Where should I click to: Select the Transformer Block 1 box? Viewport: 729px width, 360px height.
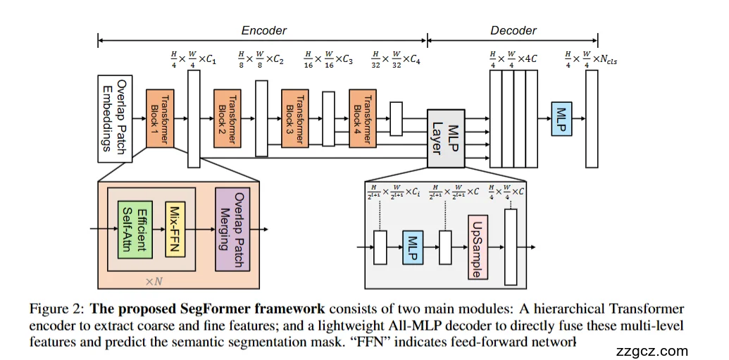tap(160, 118)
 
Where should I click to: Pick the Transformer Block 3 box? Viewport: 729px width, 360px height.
tap(295, 118)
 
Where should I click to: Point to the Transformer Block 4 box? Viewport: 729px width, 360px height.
tap(362, 118)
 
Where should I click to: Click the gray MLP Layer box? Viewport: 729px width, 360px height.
tap(446, 138)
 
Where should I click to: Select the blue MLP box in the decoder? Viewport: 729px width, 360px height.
tap(561, 118)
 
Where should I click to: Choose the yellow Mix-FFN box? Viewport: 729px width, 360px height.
tap(175, 228)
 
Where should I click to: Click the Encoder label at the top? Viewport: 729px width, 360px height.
tap(263, 30)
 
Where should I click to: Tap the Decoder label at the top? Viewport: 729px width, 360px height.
tap(513, 30)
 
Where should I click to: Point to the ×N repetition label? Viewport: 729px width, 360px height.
tap(154, 281)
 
